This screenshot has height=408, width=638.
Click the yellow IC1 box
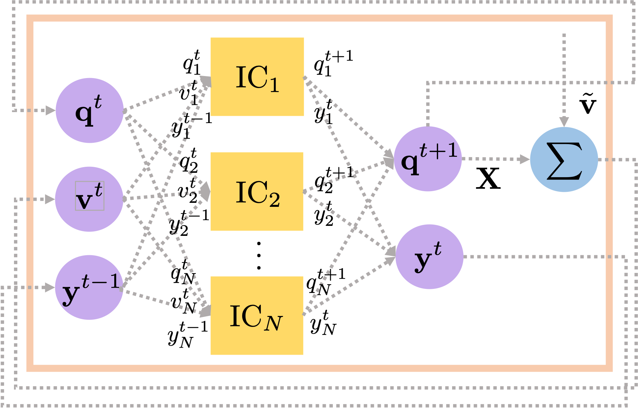tap(257, 77)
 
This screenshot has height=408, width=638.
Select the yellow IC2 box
tap(257, 191)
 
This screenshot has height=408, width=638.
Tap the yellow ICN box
tap(257, 316)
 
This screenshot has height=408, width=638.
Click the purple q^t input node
tap(89, 110)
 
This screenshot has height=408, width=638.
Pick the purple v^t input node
tap(89, 199)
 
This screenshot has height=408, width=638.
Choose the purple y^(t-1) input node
tap(89, 288)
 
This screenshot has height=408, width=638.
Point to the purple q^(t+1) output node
tap(428, 159)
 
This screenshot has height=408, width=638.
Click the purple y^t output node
tap(429, 257)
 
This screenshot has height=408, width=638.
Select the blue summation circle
tap(564, 159)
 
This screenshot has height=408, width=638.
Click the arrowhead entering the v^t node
tap(50, 199)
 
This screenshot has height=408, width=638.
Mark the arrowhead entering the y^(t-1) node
tap(50, 287)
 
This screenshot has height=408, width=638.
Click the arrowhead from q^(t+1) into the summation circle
tap(525, 159)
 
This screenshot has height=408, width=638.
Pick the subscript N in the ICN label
tap(273, 323)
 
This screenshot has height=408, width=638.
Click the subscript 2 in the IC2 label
tap(275, 200)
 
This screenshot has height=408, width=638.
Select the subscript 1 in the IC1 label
tap(275, 86)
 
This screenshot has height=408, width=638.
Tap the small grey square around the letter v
tap(90, 196)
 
